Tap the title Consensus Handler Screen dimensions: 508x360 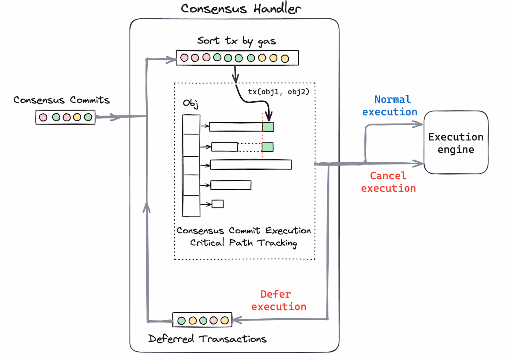(x=241, y=9)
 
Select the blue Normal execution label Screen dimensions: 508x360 (x=390, y=106)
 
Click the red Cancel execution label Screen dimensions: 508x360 (x=389, y=182)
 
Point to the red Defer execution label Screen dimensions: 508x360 (x=279, y=301)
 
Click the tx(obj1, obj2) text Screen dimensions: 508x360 (x=279, y=92)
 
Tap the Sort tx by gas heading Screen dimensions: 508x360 (x=237, y=41)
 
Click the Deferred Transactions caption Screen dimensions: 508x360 (x=207, y=339)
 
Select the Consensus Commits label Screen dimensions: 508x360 (x=62, y=100)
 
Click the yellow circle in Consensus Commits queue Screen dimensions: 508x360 (x=77, y=117)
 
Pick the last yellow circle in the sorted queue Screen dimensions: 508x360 (x=285, y=58)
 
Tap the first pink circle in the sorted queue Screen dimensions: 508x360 (x=184, y=58)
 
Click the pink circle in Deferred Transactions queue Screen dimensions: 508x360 (x=214, y=320)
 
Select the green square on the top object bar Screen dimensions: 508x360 (x=268, y=127)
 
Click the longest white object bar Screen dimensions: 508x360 (x=251, y=165)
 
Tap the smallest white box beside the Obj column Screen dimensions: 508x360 (x=218, y=204)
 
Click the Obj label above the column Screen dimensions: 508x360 (x=190, y=104)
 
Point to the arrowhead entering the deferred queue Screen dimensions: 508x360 (x=236, y=320)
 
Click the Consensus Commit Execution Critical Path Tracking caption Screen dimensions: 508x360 (x=244, y=236)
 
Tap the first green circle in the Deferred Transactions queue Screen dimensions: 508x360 (x=181, y=321)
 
